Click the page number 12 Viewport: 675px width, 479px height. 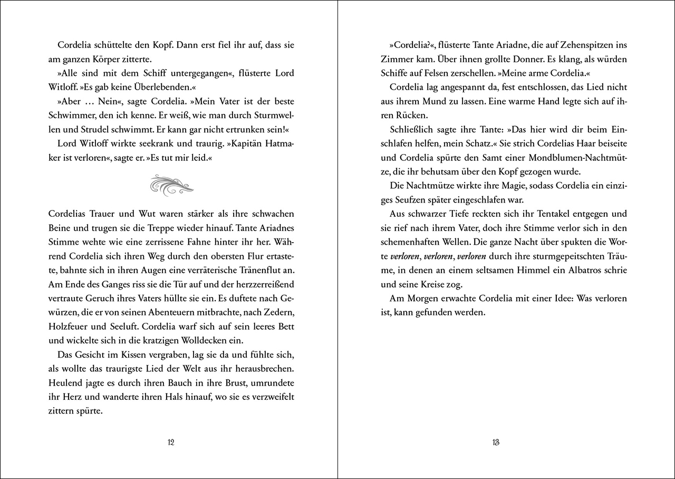pyautogui.click(x=170, y=443)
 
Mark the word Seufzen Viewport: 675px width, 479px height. pyautogui.click(x=414, y=200)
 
